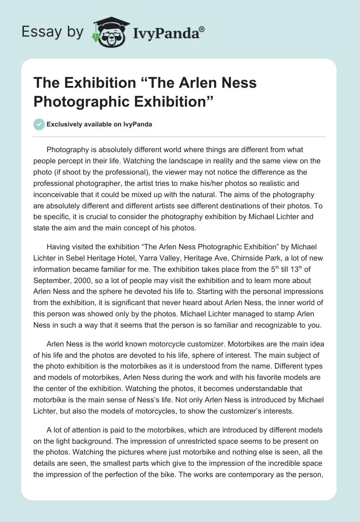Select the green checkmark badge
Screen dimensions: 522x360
coord(39,124)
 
